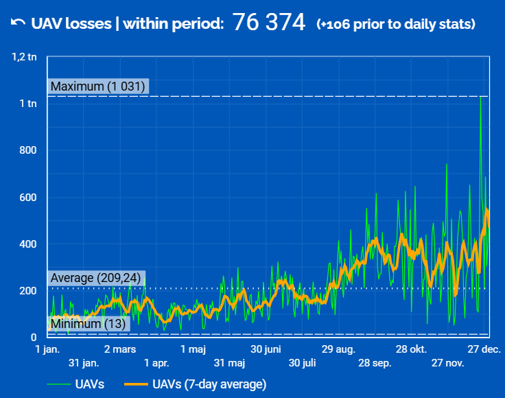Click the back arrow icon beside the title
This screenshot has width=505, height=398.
click(x=18, y=23)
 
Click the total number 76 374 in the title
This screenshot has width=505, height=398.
click(x=269, y=23)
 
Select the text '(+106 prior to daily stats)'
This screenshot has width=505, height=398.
click(x=396, y=24)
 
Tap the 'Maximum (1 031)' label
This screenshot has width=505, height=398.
click(x=98, y=86)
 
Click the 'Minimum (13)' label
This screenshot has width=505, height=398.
click(x=89, y=324)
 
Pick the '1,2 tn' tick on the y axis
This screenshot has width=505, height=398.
click(x=24, y=57)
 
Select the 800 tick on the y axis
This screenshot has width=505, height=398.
click(x=27, y=150)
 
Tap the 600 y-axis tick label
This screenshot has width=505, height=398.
click(x=27, y=198)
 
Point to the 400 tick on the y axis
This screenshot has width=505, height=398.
click(x=27, y=244)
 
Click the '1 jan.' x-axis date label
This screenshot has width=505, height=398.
click(x=47, y=349)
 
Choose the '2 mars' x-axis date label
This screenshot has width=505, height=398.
click(x=120, y=349)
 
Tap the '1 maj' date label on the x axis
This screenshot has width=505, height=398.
click(x=193, y=349)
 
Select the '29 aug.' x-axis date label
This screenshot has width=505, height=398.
click(x=338, y=349)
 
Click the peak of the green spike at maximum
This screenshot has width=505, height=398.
click(x=480, y=97)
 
